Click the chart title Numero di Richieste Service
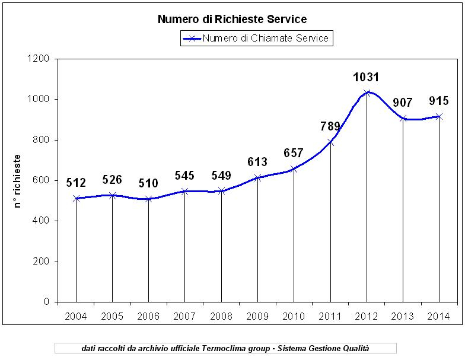coord(232,20)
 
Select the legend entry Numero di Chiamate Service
coord(265,39)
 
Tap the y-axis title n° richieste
coord(18,181)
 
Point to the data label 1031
coord(366,77)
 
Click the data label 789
coord(330,126)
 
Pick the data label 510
coord(148,183)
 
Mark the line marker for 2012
coord(367,93)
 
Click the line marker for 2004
coord(76,198)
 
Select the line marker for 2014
coord(439,116)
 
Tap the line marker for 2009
coord(258,177)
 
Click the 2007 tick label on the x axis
coord(185,316)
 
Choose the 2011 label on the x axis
coord(330,316)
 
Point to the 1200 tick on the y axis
coord(39,59)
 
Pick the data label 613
coord(257,163)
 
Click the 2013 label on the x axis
coord(403,316)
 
